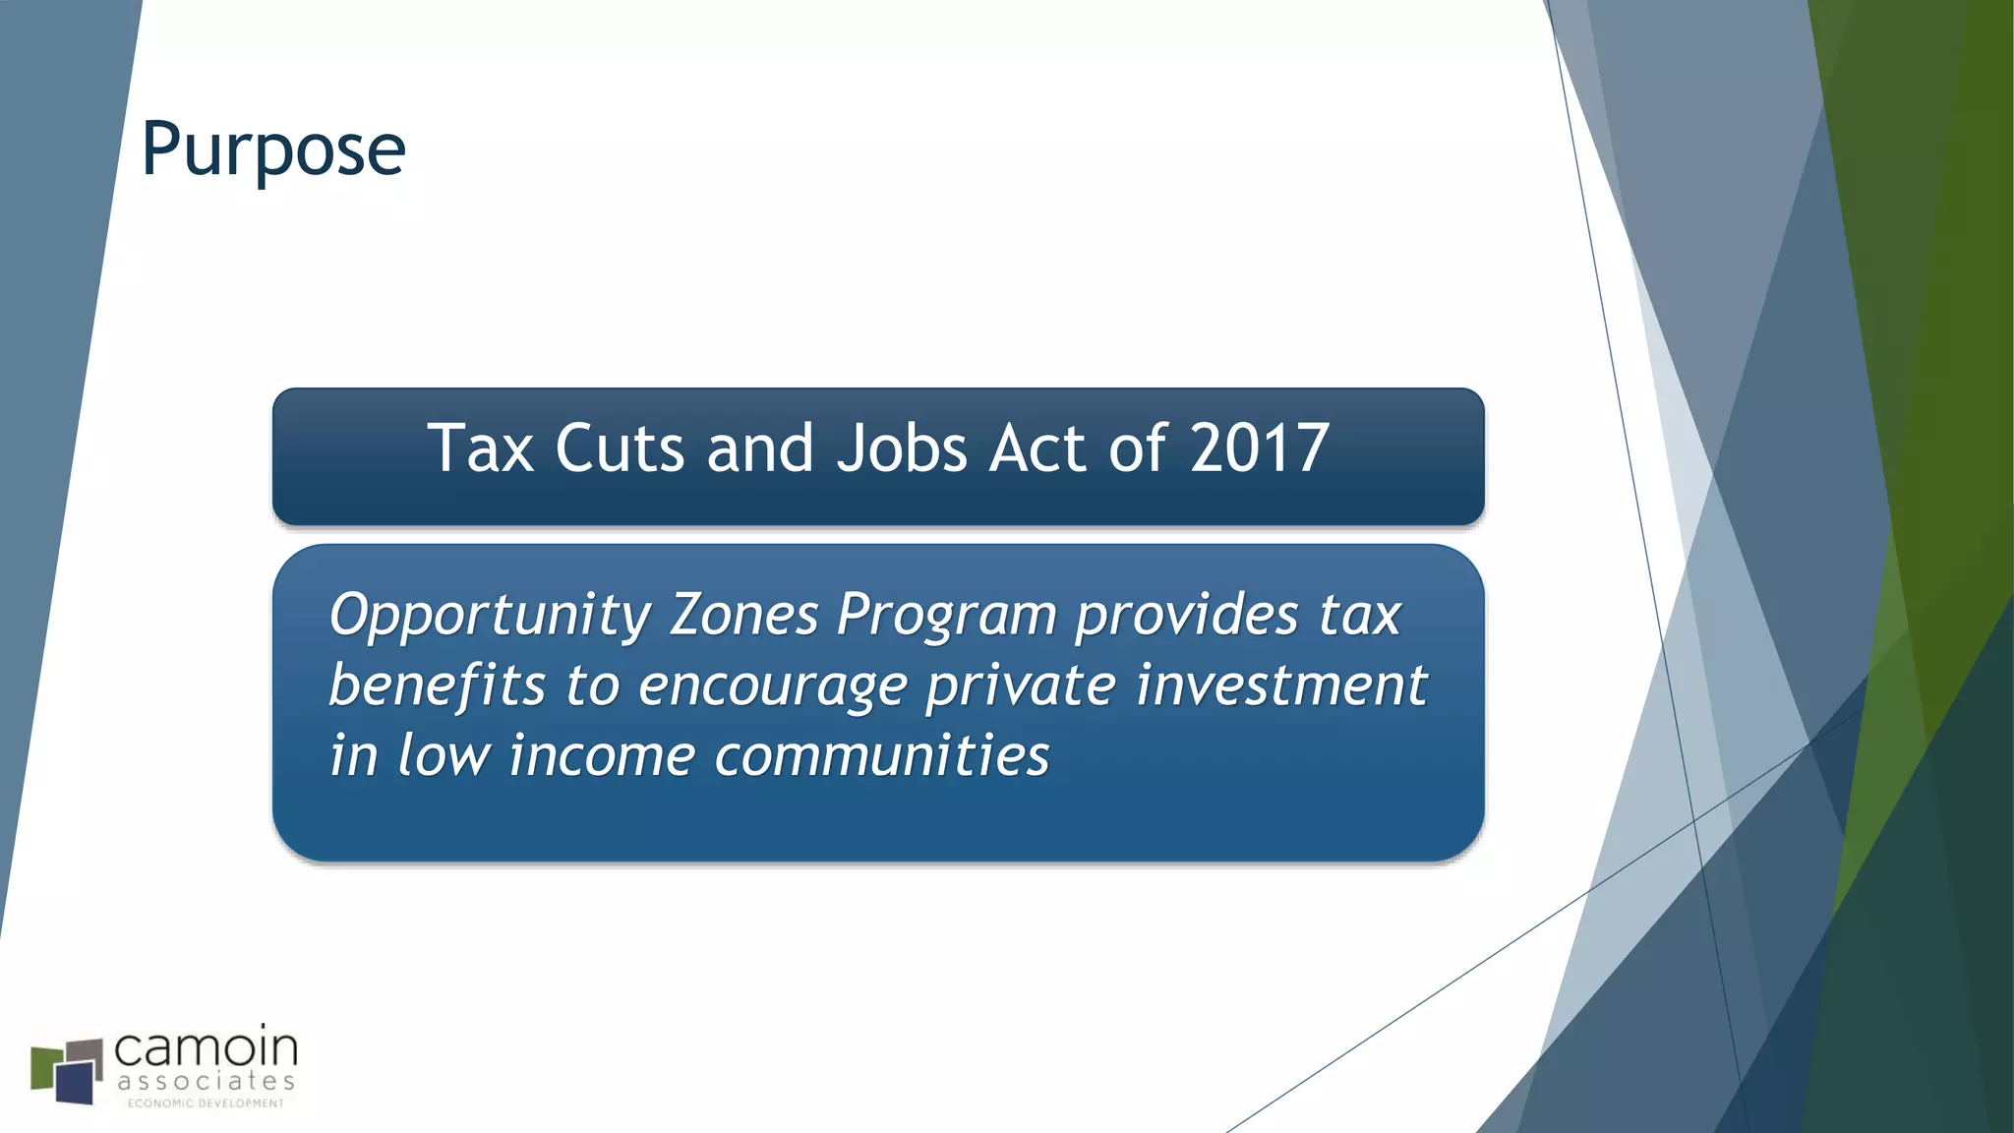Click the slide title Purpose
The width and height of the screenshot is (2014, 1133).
(x=273, y=149)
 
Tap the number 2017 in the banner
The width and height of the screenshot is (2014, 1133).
(x=1260, y=448)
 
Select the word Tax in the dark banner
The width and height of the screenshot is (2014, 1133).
(x=480, y=448)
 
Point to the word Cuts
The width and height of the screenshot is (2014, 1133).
(x=619, y=448)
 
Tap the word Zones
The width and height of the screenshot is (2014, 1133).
(x=743, y=615)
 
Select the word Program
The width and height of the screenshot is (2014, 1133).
(x=946, y=617)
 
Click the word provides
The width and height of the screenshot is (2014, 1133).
(x=1187, y=615)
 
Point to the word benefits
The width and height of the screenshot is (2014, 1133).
(x=437, y=685)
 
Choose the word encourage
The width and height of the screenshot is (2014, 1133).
(x=772, y=686)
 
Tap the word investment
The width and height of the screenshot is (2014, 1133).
(x=1281, y=685)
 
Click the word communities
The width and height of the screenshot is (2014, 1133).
(x=882, y=755)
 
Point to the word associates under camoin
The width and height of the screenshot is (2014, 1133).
(x=206, y=1082)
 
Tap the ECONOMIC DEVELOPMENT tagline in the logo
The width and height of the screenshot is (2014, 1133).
(x=206, y=1103)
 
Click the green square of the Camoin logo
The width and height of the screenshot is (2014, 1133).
(x=45, y=1067)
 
